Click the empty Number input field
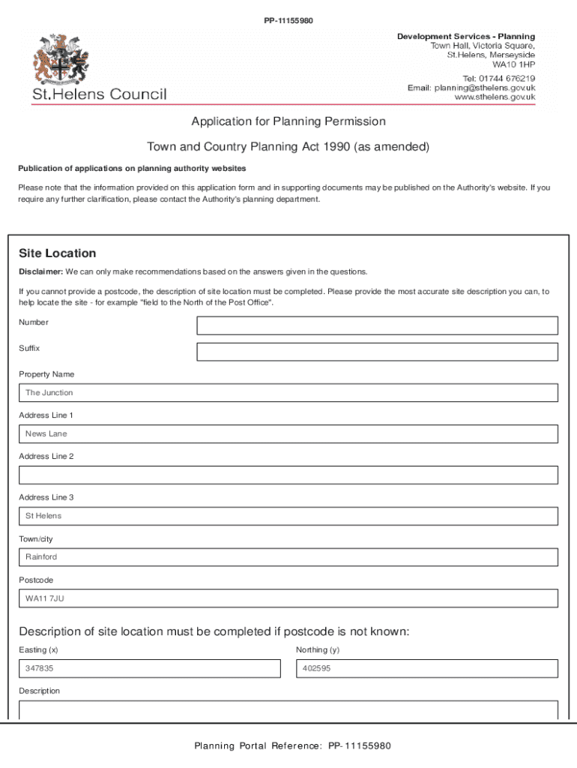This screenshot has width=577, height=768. pos(377,325)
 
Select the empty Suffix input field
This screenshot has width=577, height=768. pos(377,352)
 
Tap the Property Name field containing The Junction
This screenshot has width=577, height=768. pos(288,393)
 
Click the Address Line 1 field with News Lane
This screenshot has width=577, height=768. pos(288,434)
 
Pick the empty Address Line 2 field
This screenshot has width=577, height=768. pos(288,475)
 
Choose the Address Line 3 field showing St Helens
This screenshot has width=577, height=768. pos(288,516)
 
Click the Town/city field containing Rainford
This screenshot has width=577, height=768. pos(288,557)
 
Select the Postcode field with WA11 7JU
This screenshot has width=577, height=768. pos(288,598)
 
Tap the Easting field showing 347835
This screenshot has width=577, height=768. pos(149,669)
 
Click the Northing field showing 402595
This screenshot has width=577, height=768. pos(426,669)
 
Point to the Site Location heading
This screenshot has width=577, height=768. pos(57,253)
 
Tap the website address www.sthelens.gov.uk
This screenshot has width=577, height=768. pos(495,97)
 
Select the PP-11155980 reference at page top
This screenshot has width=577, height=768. pos(288,20)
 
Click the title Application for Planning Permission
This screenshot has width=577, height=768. pos(288,121)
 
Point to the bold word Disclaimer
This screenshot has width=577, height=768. pos(40,271)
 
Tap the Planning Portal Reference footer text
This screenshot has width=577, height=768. pos(292,746)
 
